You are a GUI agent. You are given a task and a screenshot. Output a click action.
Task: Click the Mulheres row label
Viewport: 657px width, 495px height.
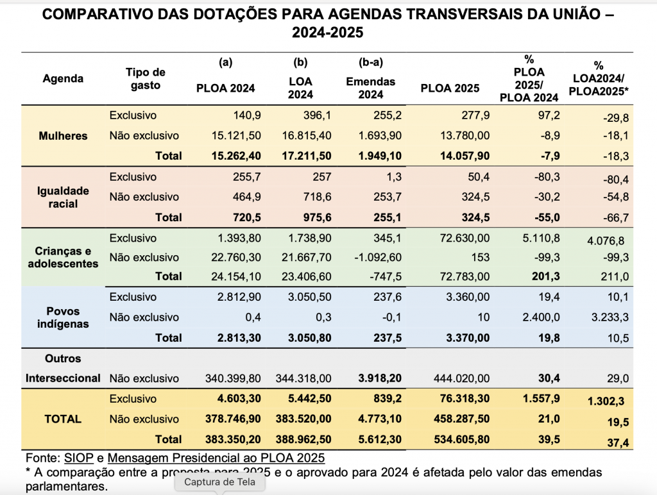coord(63,136)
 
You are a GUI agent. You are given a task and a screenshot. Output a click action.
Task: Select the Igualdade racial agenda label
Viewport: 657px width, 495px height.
coord(63,197)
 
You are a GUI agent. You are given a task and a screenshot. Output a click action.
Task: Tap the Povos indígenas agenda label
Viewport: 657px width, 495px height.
coord(63,317)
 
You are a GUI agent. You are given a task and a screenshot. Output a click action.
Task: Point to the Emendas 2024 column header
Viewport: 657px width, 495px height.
coord(370,88)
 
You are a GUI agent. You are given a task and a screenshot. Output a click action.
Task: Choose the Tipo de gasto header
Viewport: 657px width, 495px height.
coord(146,79)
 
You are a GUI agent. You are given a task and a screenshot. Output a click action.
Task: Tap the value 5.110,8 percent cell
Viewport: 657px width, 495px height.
coord(542,239)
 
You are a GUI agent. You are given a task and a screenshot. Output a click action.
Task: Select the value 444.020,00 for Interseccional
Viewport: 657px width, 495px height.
coord(461,379)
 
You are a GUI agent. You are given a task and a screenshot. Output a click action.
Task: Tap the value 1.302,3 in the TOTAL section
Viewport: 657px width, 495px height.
coord(606,401)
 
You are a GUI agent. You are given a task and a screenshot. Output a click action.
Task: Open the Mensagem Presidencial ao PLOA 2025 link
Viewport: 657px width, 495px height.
coord(216,458)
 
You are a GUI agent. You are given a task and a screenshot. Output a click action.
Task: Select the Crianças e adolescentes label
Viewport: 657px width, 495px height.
coord(63,257)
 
